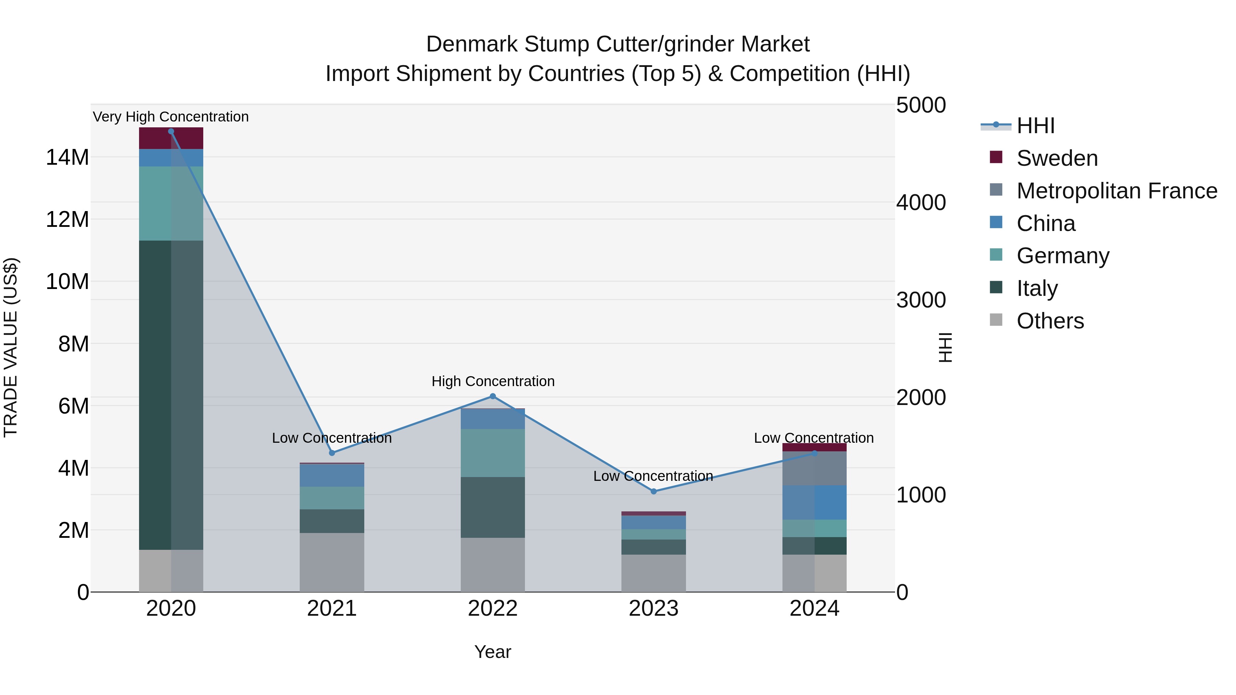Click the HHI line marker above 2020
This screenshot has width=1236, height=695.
[x=171, y=131]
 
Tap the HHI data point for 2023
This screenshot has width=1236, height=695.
[x=653, y=491]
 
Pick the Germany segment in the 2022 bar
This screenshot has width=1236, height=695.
[x=493, y=453]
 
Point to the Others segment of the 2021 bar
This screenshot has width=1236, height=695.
[x=332, y=562]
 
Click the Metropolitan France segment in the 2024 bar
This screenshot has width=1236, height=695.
[x=814, y=468]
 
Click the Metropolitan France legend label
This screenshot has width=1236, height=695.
[x=1117, y=191]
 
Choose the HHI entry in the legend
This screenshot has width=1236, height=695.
[x=1035, y=126]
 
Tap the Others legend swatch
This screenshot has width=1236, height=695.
[x=996, y=320]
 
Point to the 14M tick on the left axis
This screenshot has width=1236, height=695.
[x=67, y=157]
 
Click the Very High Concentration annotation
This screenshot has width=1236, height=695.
[x=171, y=117]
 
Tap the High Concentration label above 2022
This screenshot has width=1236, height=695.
[x=493, y=381]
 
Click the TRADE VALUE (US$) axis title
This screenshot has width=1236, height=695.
[x=11, y=347]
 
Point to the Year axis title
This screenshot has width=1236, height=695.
[x=493, y=652]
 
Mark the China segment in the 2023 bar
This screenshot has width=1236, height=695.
[x=653, y=522]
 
